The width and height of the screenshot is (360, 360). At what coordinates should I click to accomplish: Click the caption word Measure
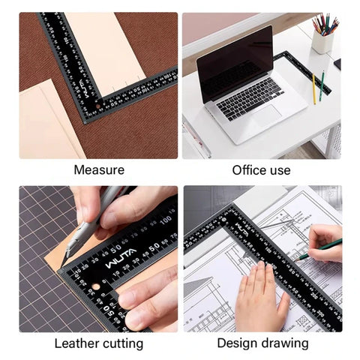(x=98, y=170)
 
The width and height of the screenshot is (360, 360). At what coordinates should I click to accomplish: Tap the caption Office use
(x=261, y=170)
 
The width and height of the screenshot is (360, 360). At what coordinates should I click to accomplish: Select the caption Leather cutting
(x=98, y=343)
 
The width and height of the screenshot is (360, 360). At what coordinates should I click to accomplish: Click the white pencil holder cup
(x=323, y=41)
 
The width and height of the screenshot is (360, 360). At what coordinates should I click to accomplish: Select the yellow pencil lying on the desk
(x=313, y=88)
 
